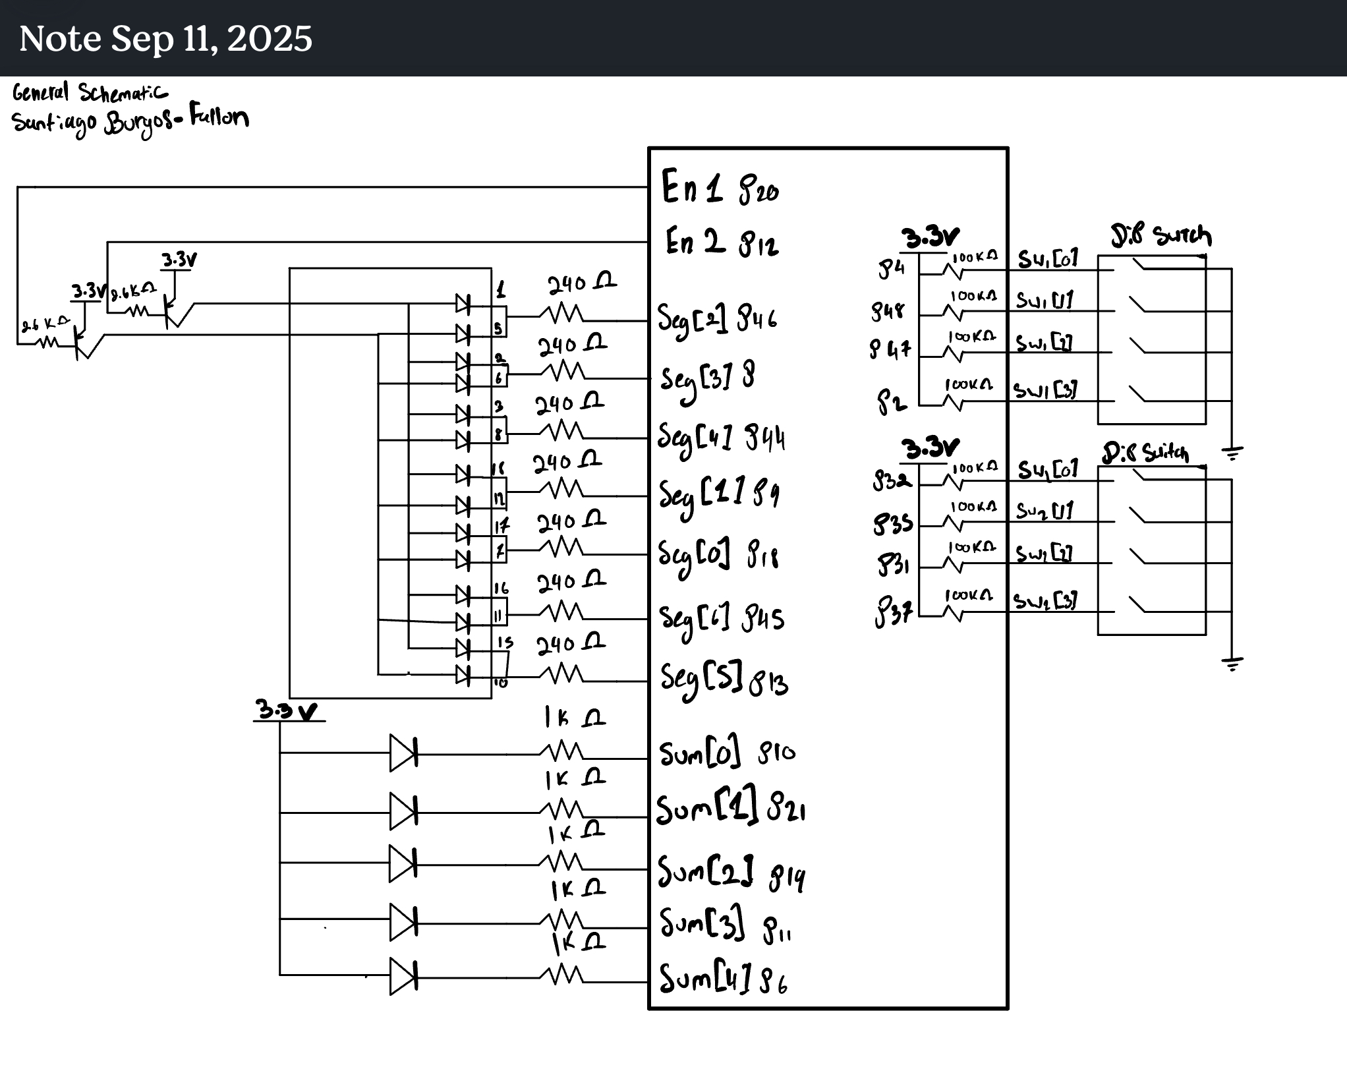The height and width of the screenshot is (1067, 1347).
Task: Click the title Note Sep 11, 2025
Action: click(165, 38)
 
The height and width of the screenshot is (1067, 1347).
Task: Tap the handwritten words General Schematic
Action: click(90, 93)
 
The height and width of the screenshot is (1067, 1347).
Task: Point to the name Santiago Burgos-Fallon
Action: click(130, 121)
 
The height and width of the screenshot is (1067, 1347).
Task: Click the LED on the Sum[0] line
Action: click(403, 753)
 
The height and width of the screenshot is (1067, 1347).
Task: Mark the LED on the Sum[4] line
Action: click(403, 975)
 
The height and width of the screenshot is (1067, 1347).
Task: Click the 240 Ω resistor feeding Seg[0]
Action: click(561, 548)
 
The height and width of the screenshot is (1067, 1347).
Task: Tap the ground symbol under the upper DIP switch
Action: click(1232, 453)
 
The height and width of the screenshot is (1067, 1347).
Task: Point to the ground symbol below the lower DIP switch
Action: click(1232, 663)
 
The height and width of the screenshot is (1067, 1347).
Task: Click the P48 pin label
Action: click(888, 310)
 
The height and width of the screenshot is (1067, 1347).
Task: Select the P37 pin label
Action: click(894, 614)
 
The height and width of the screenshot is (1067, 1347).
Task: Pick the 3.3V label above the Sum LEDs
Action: click(287, 711)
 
